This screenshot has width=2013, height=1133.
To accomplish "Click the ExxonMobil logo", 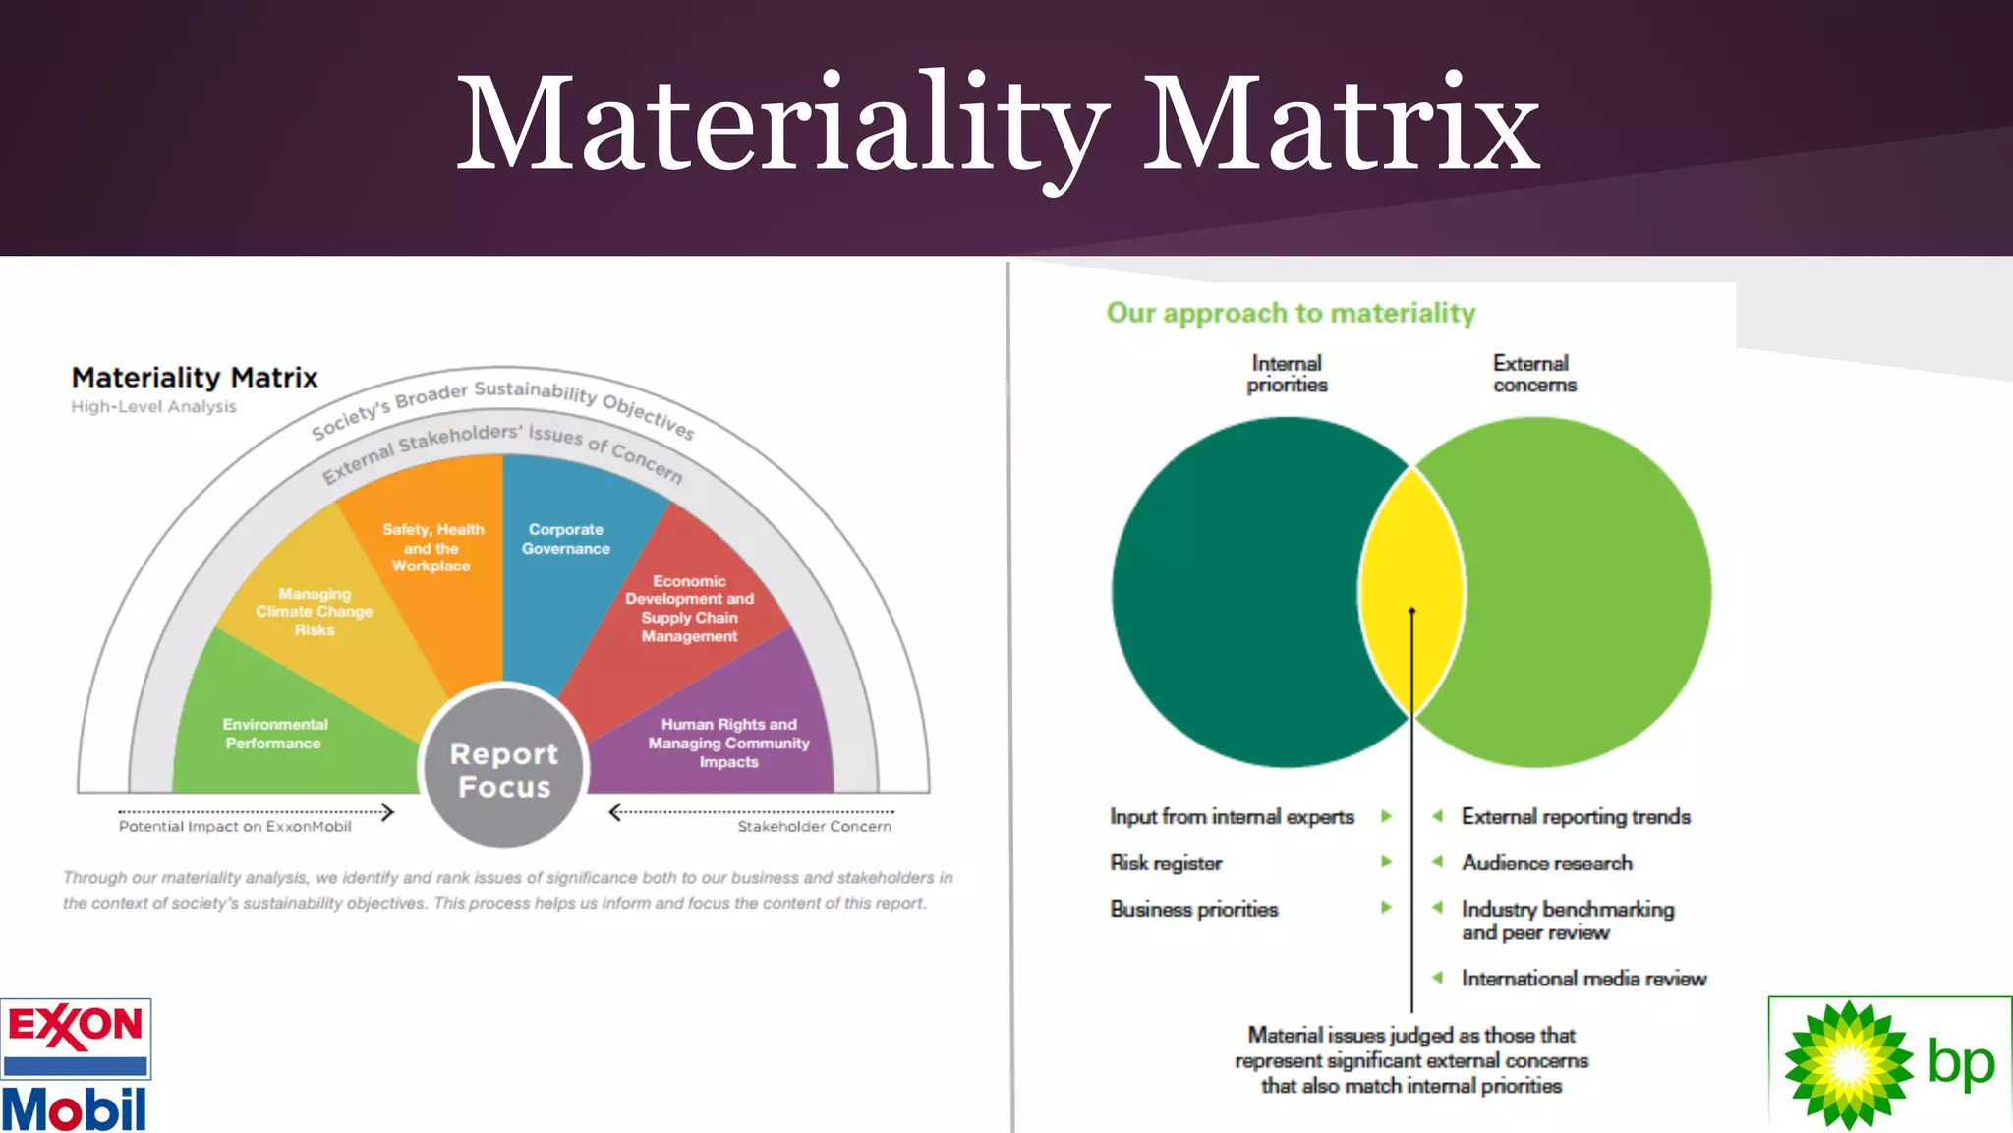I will click(x=76, y=1065).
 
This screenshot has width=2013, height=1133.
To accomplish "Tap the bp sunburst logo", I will click(x=1848, y=1064).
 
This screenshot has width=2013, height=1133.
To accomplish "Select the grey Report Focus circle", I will click(x=503, y=768).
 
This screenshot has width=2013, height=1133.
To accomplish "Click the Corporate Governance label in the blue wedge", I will click(x=566, y=539).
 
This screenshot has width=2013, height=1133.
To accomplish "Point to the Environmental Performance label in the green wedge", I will click(x=274, y=734).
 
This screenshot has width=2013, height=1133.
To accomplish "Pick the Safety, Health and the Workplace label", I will click(x=432, y=548).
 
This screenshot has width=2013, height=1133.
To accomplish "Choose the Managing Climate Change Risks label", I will click(x=315, y=612).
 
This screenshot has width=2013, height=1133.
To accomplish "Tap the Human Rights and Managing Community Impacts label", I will click(x=728, y=743).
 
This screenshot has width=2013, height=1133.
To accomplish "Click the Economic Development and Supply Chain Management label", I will click(x=689, y=609).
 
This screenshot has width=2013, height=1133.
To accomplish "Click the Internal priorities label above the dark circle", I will click(x=1287, y=375).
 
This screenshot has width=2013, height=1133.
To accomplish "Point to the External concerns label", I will click(x=1533, y=375).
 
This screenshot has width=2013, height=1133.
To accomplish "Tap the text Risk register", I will click(x=1166, y=864).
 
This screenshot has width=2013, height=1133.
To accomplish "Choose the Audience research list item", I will click(x=1546, y=864).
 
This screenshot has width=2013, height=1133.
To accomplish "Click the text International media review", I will click(x=1583, y=979).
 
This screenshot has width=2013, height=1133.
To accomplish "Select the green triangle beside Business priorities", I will click(x=1386, y=908).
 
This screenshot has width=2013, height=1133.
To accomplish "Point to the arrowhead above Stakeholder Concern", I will click(x=615, y=812).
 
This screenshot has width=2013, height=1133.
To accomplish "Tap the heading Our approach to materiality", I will click(x=1291, y=313).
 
